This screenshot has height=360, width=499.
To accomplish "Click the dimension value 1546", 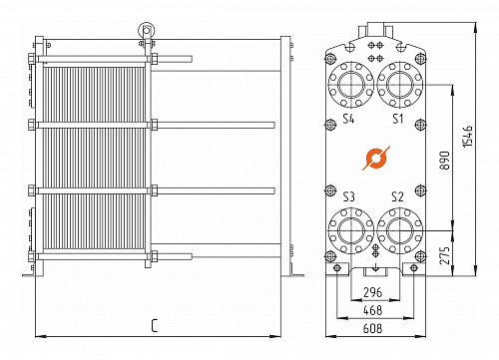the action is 467,137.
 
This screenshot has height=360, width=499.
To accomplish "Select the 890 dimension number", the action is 444,161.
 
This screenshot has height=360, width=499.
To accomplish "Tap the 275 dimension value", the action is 445,255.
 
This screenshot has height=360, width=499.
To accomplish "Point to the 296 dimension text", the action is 372,292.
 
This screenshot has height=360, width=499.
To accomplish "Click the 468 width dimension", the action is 372,310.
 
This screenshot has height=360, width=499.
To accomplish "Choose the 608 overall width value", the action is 372,328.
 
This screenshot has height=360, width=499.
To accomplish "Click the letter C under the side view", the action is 155,326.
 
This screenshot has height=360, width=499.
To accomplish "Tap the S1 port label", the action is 397,119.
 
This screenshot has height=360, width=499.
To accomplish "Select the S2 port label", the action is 397,196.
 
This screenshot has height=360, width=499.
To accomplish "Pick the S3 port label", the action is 349,196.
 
